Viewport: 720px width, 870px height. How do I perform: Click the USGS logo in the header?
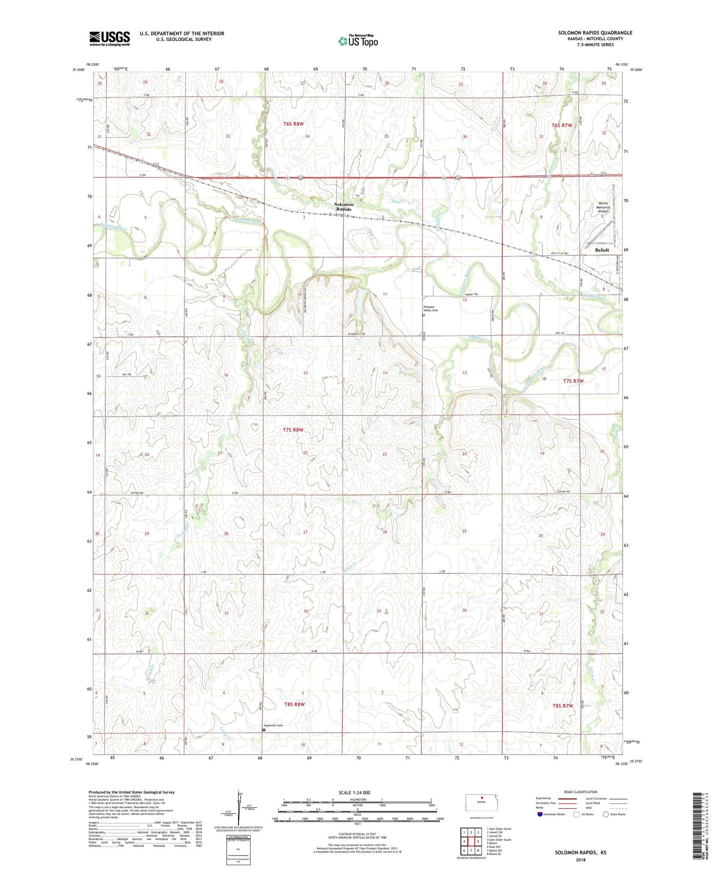pyautogui.click(x=109, y=38)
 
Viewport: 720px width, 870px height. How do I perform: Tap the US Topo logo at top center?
pyautogui.click(x=358, y=41)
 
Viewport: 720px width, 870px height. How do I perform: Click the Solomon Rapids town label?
pyautogui.click(x=344, y=207)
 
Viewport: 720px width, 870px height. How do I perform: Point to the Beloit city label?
pyautogui.click(x=601, y=250)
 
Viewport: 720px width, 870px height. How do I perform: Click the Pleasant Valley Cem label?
pyautogui.click(x=431, y=309)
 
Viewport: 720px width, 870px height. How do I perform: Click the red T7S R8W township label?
pyautogui.click(x=293, y=430)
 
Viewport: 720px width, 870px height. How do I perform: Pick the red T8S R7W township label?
pyautogui.click(x=563, y=706)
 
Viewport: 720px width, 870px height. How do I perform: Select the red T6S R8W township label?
pyautogui.click(x=293, y=124)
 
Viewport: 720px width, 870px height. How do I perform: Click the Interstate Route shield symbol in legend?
pyautogui.click(x=540, y=814)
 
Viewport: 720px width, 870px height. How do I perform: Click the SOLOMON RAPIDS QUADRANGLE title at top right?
pyautogui.click(x=595, y=33)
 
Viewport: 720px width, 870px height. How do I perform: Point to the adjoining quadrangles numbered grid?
pyautogui.click(x=471, y=842)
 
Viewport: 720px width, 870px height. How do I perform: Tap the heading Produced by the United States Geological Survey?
pyautogui.click(x=131, y=792)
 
